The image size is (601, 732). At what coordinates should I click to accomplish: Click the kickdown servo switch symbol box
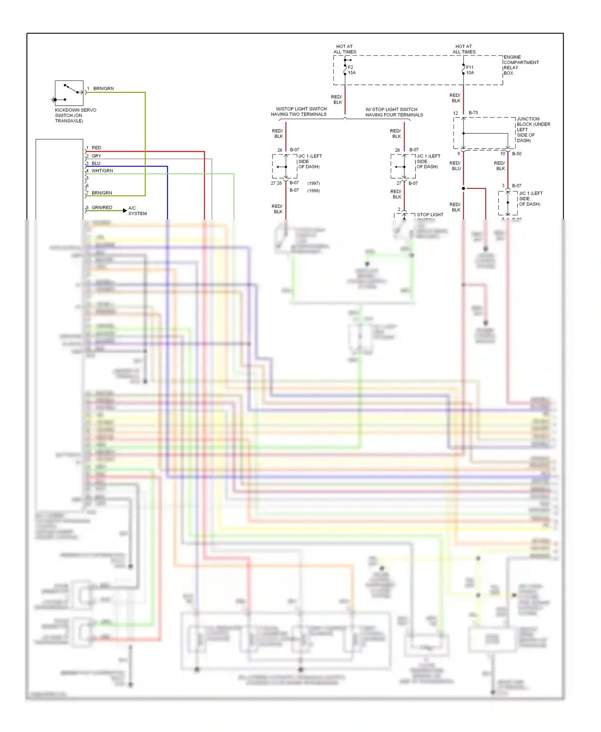click(69, 93)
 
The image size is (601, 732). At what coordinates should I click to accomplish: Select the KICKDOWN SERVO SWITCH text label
click(75, 115)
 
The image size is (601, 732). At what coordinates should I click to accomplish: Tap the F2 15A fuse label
click(352, 70)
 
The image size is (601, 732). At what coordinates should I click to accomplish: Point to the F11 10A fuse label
click(470, 70)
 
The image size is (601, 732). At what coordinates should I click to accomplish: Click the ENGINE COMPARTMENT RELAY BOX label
click(521, 65)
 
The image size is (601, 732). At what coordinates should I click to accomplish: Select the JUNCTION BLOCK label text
click(533, 129)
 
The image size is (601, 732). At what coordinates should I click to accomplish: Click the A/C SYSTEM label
click(137, 211)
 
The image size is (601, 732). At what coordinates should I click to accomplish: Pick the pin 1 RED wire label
click(96, 148)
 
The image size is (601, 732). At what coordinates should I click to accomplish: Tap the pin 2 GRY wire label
click(96, 156)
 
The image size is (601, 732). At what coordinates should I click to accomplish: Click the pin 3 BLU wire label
click(96, 163)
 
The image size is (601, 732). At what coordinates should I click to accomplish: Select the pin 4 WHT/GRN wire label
click(102, 171)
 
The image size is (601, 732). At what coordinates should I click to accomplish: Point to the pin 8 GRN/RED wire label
click(102, 207)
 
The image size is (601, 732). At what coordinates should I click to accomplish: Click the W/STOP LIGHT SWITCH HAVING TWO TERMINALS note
click(299, 112)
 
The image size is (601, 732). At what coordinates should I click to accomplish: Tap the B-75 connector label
click(473, 113)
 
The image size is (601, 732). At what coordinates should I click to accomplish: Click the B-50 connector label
click(516, 154)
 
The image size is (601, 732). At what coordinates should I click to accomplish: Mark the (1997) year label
click(313, 183)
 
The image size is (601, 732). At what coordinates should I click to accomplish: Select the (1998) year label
click(313, 191)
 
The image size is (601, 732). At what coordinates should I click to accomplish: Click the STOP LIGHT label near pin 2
click(430, 215)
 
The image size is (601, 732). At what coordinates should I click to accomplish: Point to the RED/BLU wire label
click(455, 166)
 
